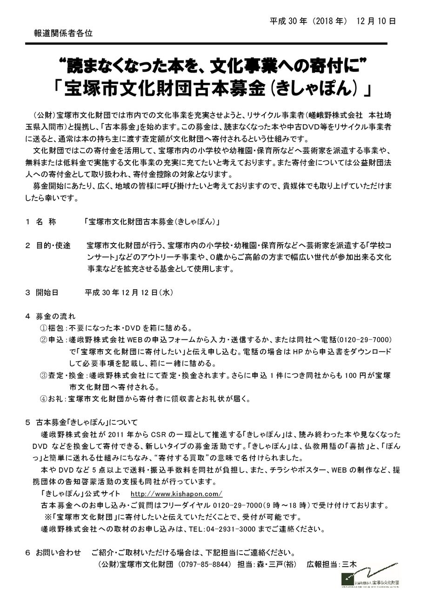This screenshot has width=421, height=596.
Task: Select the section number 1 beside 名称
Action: coord(28,222)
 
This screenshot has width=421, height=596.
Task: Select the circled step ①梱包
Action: coord(52,328)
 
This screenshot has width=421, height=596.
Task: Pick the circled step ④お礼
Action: coord(52,399)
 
